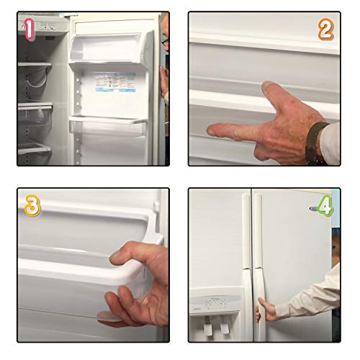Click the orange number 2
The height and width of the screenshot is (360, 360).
[x=326, y=30]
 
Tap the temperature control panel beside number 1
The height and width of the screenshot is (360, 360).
[x=48, y=26]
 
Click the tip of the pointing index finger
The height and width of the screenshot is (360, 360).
[x=210, y=130]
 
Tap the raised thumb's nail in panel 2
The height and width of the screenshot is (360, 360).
[x=271, y=88]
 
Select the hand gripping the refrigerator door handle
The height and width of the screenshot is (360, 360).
[x=267, y=310]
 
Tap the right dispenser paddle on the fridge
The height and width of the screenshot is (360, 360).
[x=225, y=328]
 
